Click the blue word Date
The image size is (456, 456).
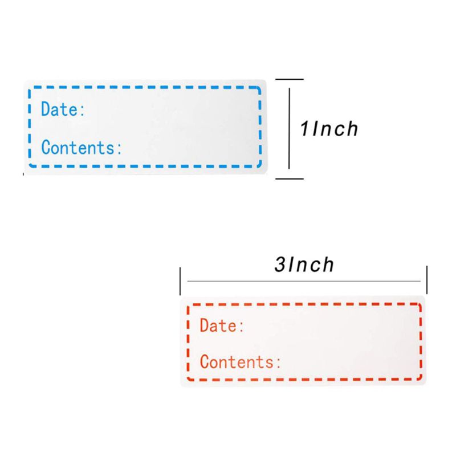[x=59, y=109]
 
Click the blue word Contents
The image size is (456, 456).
[x=78, y=147]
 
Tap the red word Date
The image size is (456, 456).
[x=218, y=325]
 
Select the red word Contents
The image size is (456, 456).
[x=237, y=361]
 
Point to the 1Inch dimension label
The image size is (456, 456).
[x=329, y=129]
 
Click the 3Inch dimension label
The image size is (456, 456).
[x=304, y=264]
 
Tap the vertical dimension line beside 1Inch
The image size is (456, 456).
[x=289, y=129]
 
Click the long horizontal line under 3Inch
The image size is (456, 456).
[x=304, y=281]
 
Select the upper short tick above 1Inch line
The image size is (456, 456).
[x=290, y=79]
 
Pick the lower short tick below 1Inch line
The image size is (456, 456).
[x=290, y=179]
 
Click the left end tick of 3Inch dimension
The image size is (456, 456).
[x=180, y=281]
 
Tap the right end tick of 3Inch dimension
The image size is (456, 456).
[x=426, y=280]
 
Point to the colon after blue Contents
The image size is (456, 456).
[x=119, y=149]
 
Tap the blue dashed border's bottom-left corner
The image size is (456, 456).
[x=31, y=165]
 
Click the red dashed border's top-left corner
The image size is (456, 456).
[x=189, y=306]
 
